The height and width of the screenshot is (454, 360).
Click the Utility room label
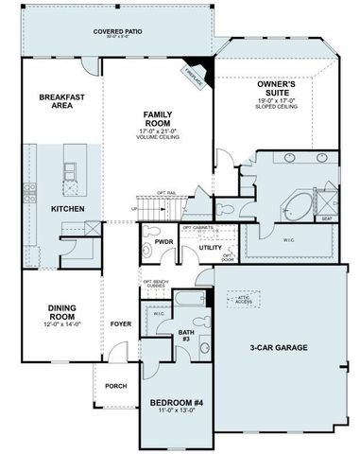(210, 248)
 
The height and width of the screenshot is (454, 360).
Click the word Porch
(115, 385)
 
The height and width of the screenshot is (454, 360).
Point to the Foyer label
(122, 321)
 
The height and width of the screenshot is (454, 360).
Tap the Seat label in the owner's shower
(327, 218)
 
